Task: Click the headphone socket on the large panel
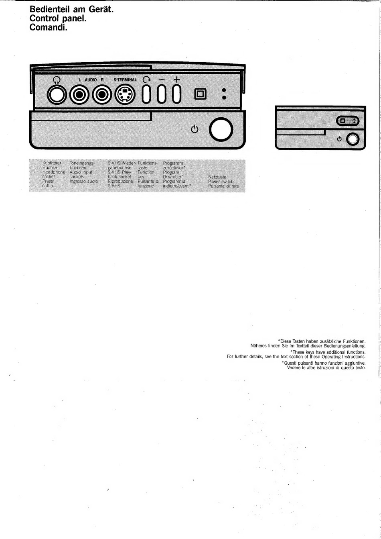pos(57,95)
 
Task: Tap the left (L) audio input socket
pos(79,95)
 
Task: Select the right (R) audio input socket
pos(101,95)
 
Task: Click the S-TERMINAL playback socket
pos(125,95)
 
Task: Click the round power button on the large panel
pos(221,129)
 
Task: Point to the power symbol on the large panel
pos(195,129)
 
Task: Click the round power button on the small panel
pos(353,139)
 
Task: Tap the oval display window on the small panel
pos(347,121)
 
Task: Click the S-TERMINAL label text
pos(125,80)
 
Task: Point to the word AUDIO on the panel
pos(91,80)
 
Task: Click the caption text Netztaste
pos(217,177)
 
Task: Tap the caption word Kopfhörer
pos(52,163)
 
